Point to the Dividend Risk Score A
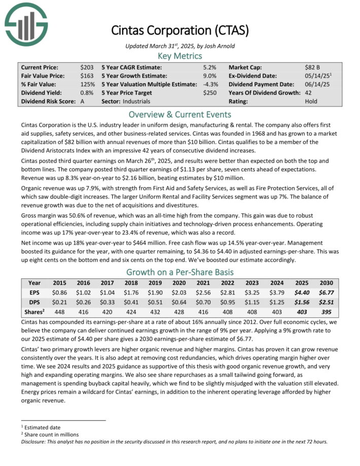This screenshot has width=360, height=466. click(x=82, y=101)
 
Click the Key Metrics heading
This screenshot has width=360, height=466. click(x=180, y=55)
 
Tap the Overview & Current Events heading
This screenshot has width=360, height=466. click(x=180, y=114)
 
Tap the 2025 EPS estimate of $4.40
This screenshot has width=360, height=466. click(x=303, y=293)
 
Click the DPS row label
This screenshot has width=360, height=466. click(x=35, y=302)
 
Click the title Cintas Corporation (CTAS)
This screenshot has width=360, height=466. click(x=180, y=30)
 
